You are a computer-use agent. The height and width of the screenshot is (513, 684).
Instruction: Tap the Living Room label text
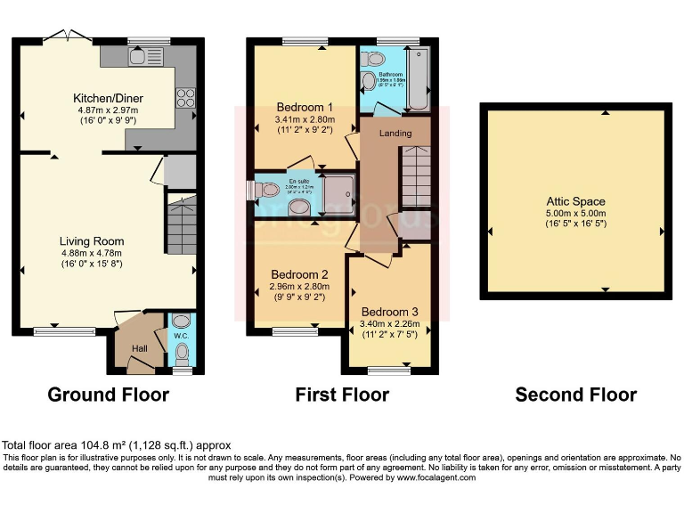coord(92,241)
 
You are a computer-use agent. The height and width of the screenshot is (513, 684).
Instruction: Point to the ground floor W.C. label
coord(181,337)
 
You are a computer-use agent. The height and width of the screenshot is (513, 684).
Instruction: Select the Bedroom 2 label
coord(298,274)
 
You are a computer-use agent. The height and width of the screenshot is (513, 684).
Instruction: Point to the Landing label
coord(395,134)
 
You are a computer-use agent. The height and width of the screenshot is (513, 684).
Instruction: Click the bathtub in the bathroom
coord(418,79)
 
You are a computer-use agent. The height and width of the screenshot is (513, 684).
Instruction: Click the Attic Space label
coord(576,202)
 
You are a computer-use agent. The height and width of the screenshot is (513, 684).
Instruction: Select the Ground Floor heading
coord(108,395)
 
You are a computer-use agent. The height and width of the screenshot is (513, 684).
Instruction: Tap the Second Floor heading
coord(576,395)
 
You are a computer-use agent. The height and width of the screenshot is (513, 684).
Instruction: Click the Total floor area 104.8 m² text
coord(116,444)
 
